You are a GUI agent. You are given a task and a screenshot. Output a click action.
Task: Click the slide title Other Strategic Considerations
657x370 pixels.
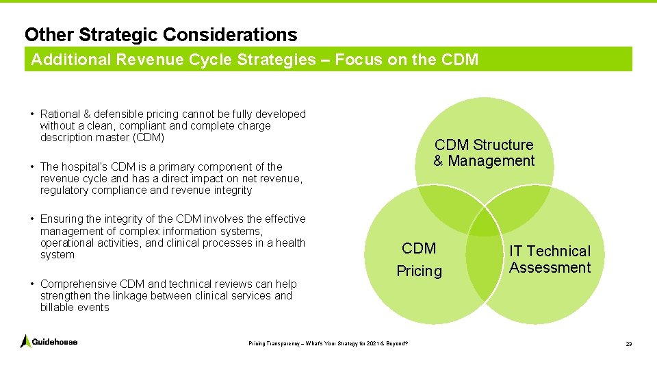click(x=161, y=34)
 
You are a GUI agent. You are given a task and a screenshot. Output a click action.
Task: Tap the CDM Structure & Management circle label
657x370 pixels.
click(x=484, y=153)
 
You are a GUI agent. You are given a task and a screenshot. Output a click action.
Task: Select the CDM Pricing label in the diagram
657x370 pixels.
click(x=419, y=259)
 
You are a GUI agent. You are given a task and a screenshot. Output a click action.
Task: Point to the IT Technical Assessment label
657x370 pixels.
click(x=550, y=260)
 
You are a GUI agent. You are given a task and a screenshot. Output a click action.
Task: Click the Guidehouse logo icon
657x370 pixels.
click(x=26, y=341)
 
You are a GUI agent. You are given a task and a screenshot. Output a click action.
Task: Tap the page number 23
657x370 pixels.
click(x=628, y=344)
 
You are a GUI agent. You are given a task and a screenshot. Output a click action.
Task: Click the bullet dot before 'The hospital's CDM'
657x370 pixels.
click(x=33, y=166)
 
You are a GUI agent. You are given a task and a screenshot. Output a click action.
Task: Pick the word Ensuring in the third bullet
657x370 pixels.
click(x=62, y=219)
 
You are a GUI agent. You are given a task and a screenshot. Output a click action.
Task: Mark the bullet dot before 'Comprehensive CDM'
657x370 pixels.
click(x=33, y=284)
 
